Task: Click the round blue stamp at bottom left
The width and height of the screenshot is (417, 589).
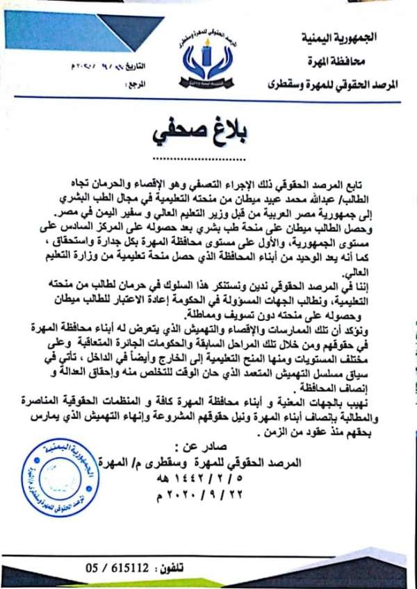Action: tap(51, 473)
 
